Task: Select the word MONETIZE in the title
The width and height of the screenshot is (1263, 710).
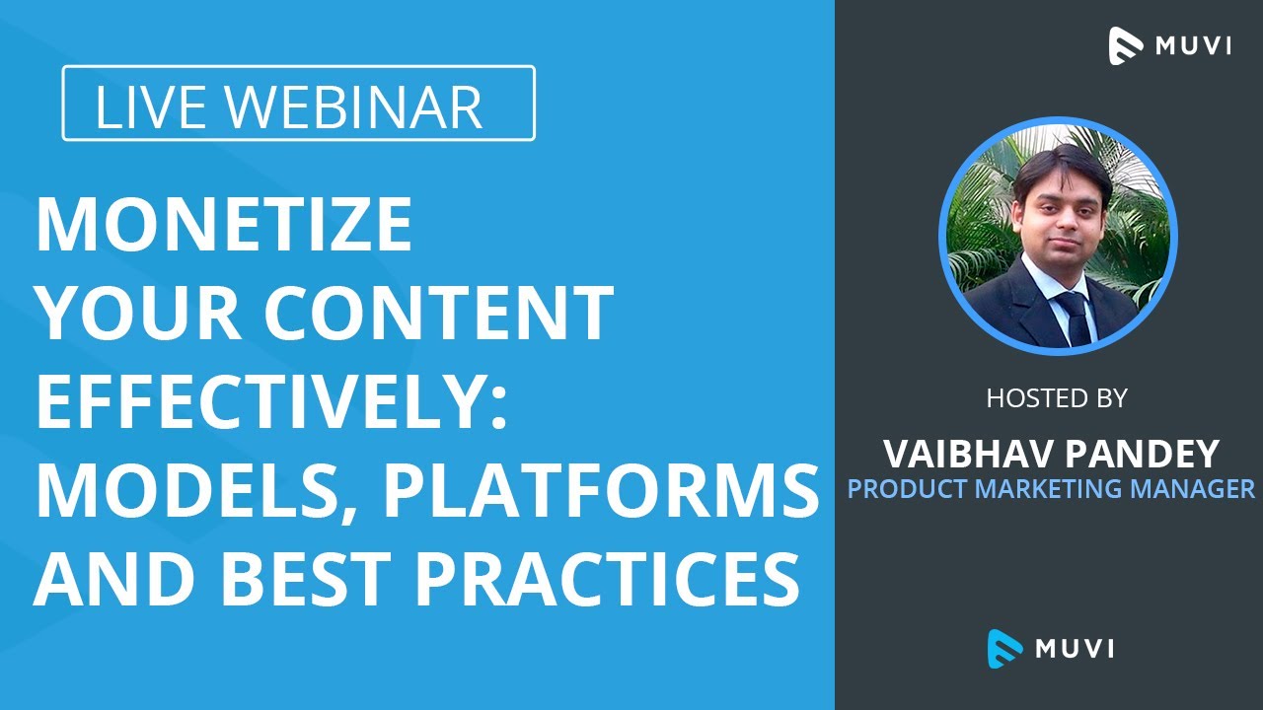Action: (x=224, y=225)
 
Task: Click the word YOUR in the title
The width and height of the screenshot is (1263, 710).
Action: (x=124, y=314)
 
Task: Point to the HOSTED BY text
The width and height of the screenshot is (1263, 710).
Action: (x=1057, y=398)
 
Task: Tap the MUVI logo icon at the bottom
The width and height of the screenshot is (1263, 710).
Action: (x=1004, y=647)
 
